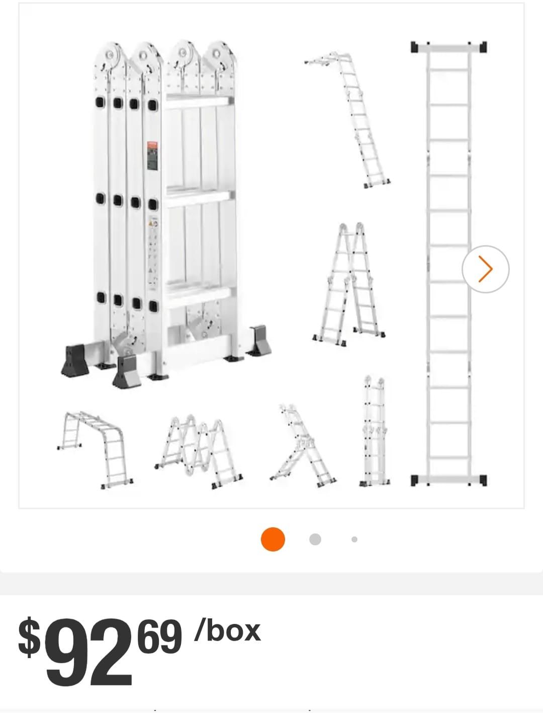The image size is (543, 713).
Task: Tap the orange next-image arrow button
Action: click(x=485, y=269)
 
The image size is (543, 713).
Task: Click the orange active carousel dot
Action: click(x=273, y=539)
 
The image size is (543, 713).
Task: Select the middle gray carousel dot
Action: click(x=315, y=539)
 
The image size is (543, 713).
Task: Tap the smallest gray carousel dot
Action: click(x=354, y=539)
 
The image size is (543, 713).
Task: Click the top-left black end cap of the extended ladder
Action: click(x=415, y=47)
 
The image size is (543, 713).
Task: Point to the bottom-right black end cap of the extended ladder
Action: click(x=482, y=480)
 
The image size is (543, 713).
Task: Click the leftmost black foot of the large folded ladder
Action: click(x=75, y=359)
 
